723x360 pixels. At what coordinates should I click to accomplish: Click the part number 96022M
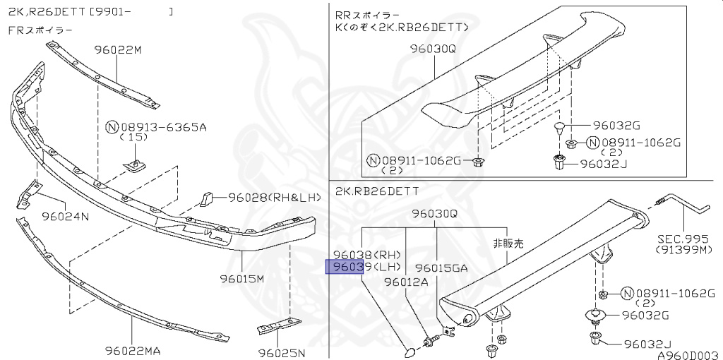pos(118,50)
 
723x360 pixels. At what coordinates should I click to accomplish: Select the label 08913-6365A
pos(163,128)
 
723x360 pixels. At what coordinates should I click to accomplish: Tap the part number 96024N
pos(65,216)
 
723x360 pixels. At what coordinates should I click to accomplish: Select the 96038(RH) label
pos(366,254)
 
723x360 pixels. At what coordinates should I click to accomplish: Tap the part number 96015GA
pos(441,268)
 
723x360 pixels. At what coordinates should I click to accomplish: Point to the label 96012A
pos(406,282)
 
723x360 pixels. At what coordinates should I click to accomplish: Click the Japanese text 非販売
pos(508,242)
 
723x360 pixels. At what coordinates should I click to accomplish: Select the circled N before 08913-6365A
pos(112,128)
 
